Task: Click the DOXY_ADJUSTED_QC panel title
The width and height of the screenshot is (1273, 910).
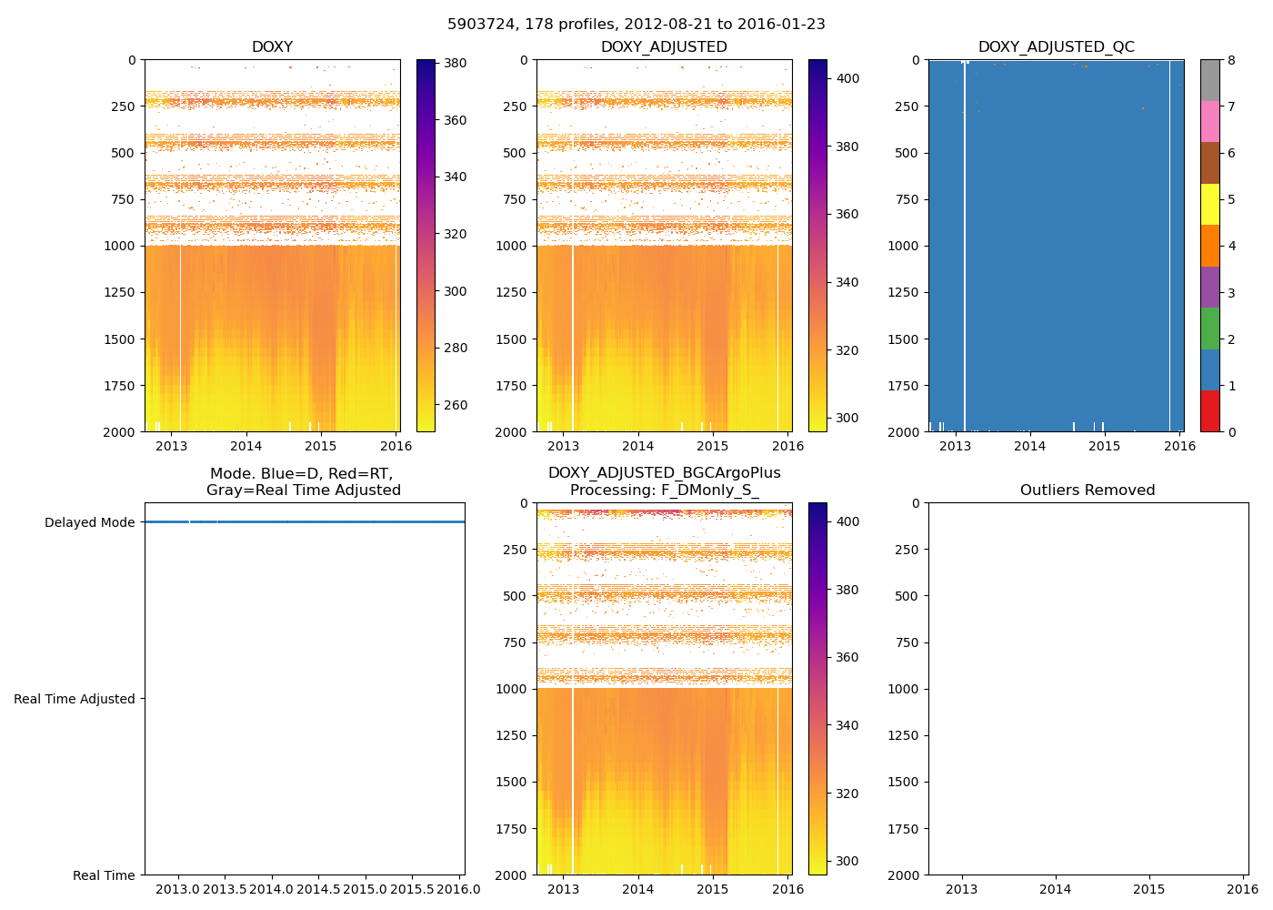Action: tap(1056, 47)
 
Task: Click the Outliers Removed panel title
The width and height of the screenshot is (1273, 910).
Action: tap(1088, 490)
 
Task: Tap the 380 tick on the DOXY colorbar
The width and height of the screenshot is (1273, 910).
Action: tap(455, 64)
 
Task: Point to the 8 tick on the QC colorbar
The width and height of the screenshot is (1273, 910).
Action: tap(1231, 60)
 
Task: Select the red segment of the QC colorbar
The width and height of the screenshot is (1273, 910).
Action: tap(1209, 410)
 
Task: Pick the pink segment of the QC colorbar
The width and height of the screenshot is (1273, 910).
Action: tap(1209, 122)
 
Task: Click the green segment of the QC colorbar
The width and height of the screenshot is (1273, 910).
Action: tap(1209, 329)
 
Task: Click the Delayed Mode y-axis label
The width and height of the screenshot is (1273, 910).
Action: tap(89, 522)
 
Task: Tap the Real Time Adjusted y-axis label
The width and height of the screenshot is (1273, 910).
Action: tap(75, 699)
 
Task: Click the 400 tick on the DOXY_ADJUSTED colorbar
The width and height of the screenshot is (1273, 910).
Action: tap(847, 79)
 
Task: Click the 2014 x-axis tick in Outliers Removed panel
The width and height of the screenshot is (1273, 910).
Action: tap(1056, 889)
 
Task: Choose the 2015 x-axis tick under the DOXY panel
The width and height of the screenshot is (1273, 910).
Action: tap(320, 446)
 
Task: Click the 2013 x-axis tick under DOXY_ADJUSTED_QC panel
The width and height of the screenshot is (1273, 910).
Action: tap(955, 446)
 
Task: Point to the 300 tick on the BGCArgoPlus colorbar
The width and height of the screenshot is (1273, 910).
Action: tap(847, 861)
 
